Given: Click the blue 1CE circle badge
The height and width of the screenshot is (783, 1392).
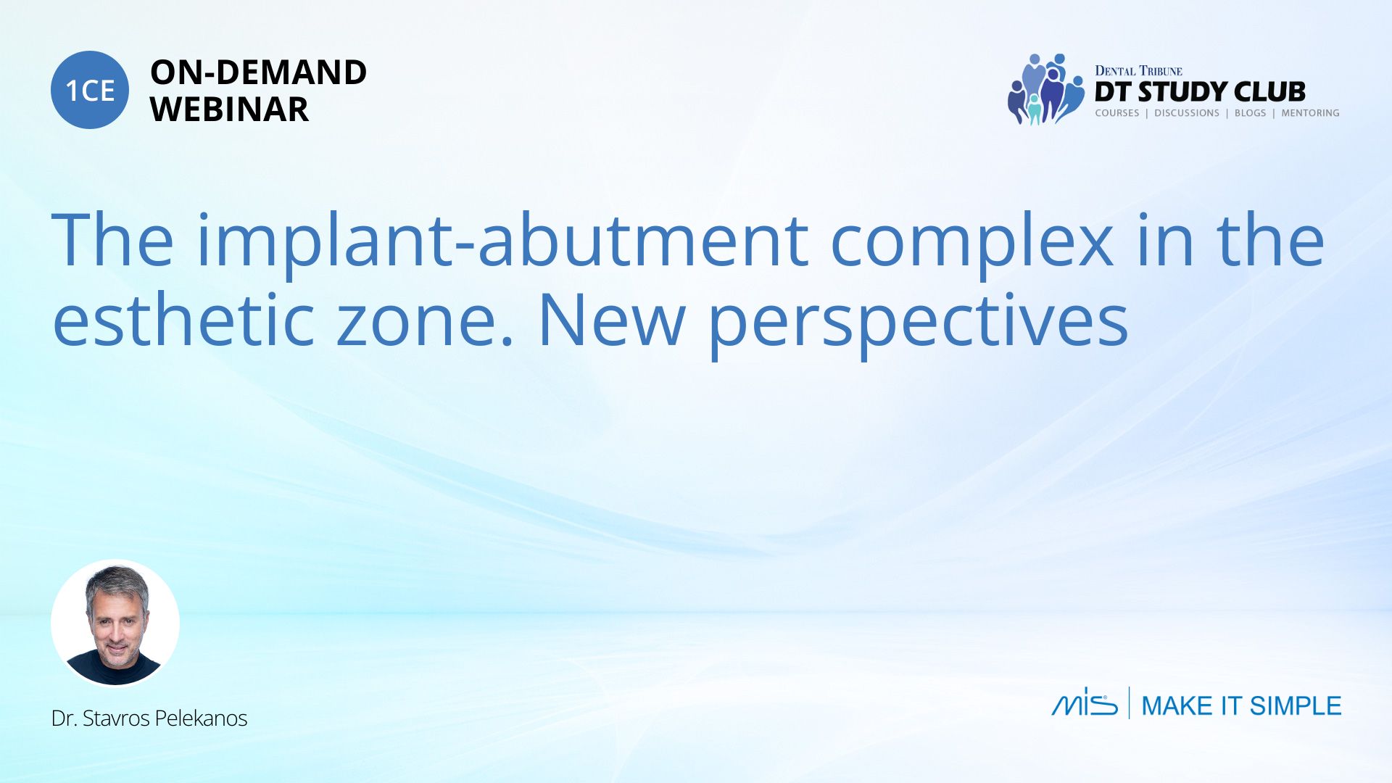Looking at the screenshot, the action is (x=90, y=90).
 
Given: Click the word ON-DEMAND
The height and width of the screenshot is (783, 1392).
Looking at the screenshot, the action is (x=258, y=72).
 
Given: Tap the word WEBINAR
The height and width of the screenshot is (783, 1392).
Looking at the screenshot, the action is (x=229, y=109).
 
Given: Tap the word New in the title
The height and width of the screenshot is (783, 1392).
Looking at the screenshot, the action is (x=611, y=320).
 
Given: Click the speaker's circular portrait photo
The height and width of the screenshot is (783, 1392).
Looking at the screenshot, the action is (x=115, y=623).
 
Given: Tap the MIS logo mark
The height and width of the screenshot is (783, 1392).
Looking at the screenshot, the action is (x=1085, y=702).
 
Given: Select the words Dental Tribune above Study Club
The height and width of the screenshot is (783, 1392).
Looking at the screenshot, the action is (x=1138, y=70).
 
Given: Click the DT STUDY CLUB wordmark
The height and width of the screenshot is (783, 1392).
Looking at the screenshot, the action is (x=1200, y=91).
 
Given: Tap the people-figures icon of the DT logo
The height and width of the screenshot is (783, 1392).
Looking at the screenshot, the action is (x=1045, y=89).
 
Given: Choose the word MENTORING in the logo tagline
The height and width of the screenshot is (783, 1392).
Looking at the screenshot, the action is (x=1310, y=113).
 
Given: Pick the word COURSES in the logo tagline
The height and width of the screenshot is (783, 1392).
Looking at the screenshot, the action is (x=1116, y=113).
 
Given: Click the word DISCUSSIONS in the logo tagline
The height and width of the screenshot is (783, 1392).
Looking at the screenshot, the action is (x=1187, y=113).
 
